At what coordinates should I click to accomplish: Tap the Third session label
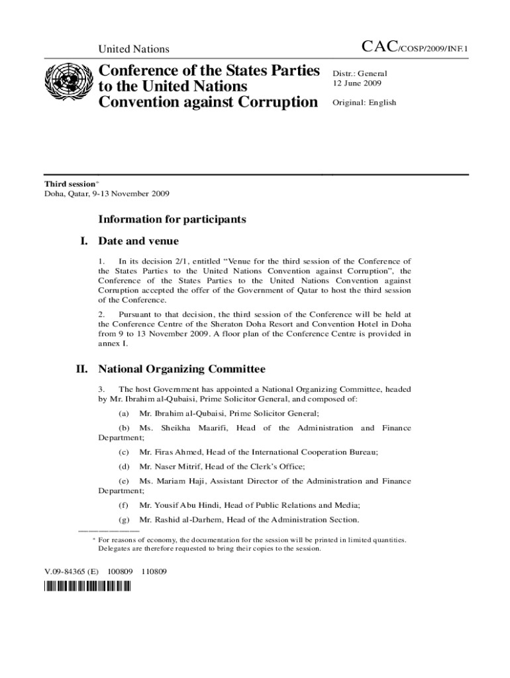point(71,183)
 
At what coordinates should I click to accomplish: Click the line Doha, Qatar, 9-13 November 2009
point(107,194)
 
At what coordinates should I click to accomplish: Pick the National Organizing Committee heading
point(181,368)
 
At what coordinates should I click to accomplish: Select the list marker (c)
point(123,452)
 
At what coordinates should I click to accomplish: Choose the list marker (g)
point(123,520)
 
